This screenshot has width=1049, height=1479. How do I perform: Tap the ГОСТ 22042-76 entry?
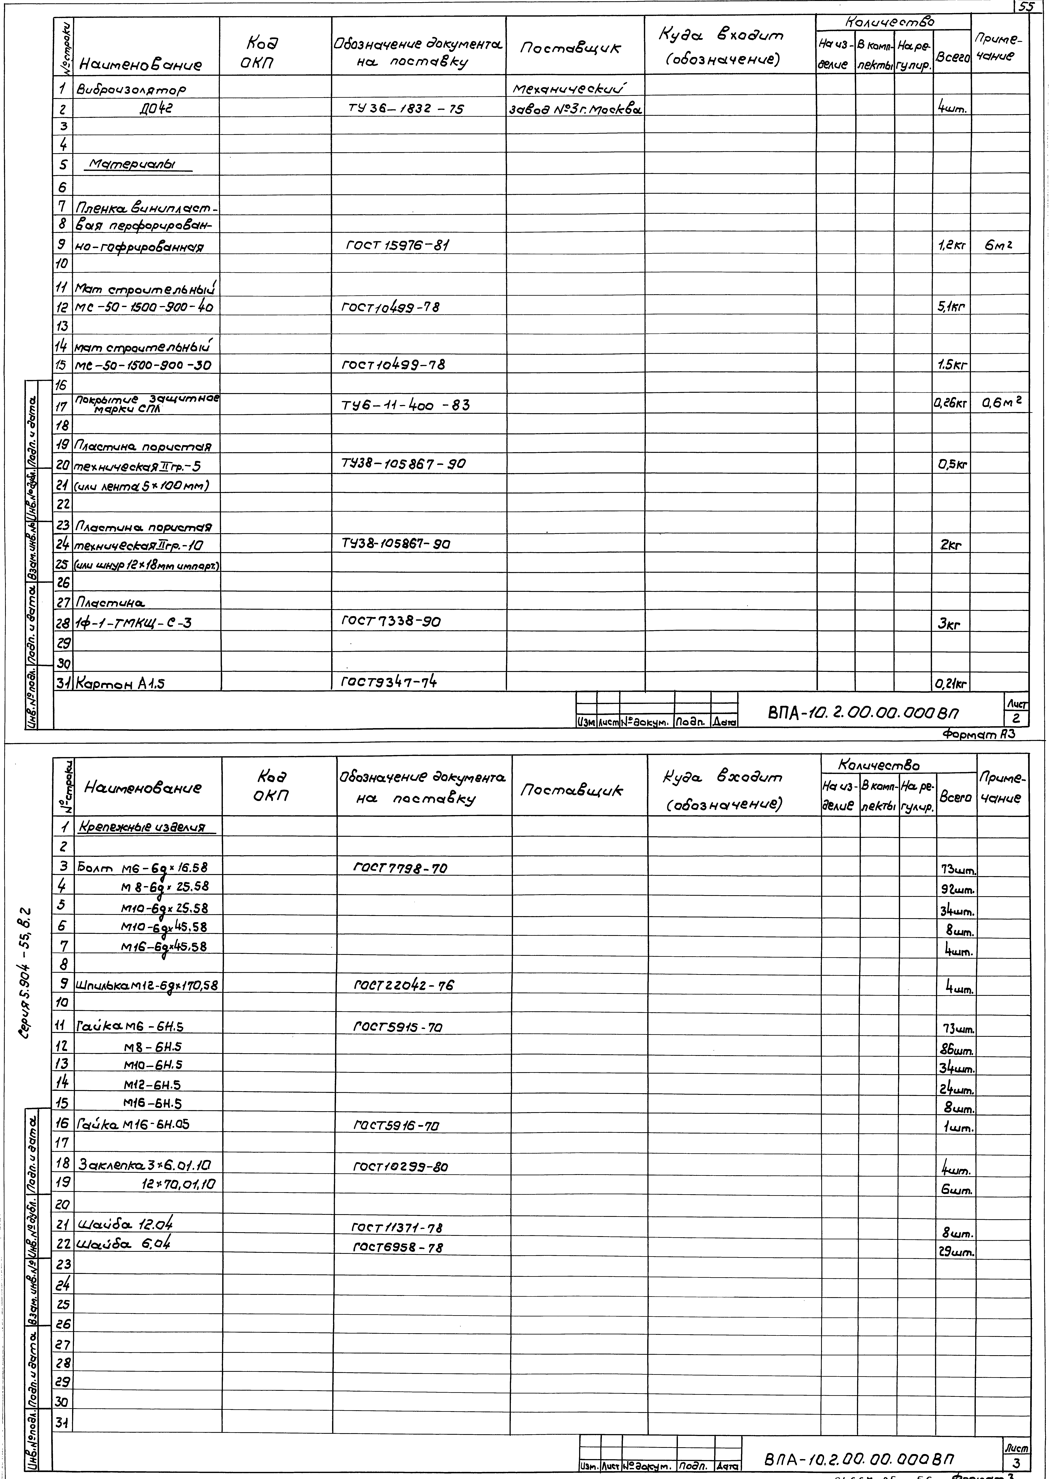(404, 985)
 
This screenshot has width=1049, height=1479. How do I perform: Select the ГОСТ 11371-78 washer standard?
(397, 1228)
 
